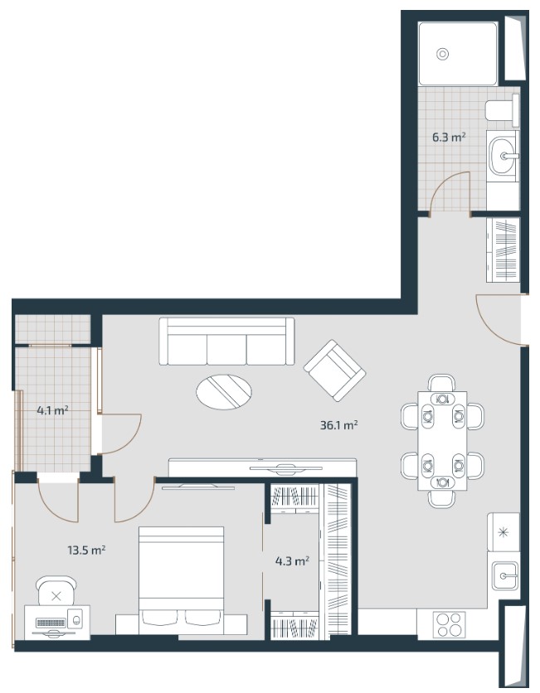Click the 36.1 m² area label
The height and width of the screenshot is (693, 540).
pyautogui.click(x=338, y=425)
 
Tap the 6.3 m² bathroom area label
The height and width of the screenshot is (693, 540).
pyautogui.click(x=449, y=137)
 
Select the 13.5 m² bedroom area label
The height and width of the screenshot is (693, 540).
pyautogui.click(x=86, y=550)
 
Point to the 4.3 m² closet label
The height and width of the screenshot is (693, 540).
pyautogui.click(x=292, y=561)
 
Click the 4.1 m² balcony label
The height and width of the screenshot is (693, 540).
pyautogui.click(x=52, y=410)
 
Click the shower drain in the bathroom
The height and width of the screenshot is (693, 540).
pyautogui.click(x=442, y=54)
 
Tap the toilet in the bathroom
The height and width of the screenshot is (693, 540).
pyautogui.click(x=503, y=110)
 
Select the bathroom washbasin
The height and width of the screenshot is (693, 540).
pyautogui.click(x=503, y=156)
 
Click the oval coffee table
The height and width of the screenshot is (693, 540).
pyautogui.click(x=224, y=392)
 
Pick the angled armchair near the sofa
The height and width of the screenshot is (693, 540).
pyautogui.click(x=334, y=371)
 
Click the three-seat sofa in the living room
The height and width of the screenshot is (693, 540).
pyautogui.click(x=226, y=342)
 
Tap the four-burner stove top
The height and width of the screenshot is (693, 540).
pyautogui.click(x=450, y=624)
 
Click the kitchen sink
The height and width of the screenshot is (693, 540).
pyautogui.click(x=504, y=575)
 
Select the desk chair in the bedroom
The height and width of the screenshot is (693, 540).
pyautogui.click(x=56, y=591)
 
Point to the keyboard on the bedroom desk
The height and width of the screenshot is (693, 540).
pyautogui.click(x=51, y=623)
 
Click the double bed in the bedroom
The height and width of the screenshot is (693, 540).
pyautogui.click(x=182, y=581)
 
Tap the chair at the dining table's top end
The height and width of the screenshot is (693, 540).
pyautogui.click(x=442, y=383)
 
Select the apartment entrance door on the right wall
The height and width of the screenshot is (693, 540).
pyautogui.click(x=501, y=319)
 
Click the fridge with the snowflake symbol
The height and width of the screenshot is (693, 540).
pyautogui.click(x=504, y=532)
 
